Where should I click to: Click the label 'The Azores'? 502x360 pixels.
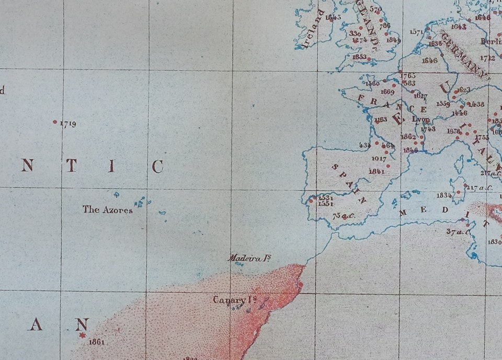(x=107, y=210)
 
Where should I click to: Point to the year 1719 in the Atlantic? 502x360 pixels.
(x=68, y=124)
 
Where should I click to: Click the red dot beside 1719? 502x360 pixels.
(x=55, y=122)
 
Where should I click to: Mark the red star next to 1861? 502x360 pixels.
(x=82, y=335)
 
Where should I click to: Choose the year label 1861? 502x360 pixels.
(x=97, y=342)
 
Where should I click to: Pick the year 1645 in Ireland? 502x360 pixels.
(x=333, y=17)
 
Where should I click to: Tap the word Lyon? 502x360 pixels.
(x=421, y=119)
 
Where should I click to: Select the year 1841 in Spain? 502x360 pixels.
(x=376, y=171)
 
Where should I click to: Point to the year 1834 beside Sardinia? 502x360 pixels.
(x=444, y=195)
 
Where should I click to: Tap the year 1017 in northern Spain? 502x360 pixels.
(x=379, y=159)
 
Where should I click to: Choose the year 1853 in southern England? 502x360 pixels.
(x=359, y=57)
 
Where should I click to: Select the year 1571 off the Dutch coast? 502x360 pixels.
(x=417, y=32)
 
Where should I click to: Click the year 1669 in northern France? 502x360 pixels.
(x=387, y=92)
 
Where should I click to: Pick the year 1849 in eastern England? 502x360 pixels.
(x=393, y=40)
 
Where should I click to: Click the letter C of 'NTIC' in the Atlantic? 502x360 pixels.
(x=157, y=167)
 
